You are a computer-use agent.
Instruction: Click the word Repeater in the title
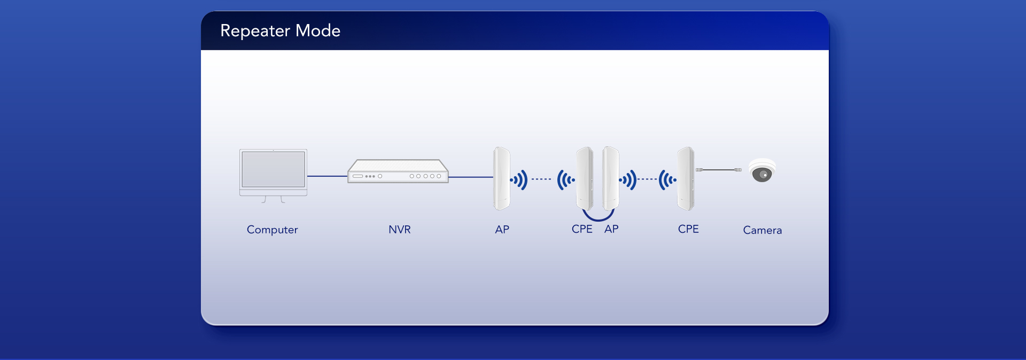[x=255, y=31]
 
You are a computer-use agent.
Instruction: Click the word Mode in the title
[x=318, y=31]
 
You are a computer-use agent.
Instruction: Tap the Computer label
[x=272, y=230]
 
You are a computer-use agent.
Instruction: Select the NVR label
[x=399, y=230]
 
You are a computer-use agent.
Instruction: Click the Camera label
[x=762, y=230]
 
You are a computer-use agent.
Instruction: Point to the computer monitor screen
[x=273, y=169]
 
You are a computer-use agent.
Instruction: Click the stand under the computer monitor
[x=273, y=199]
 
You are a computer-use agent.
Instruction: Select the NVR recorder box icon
[x=398, y=171]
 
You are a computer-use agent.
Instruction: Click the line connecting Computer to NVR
[x=327, y=176]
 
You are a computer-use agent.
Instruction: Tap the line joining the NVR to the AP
[x=470, y=177]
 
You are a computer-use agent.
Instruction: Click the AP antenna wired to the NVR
[x=501, y=178]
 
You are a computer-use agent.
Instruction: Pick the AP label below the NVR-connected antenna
[x=502, y=230]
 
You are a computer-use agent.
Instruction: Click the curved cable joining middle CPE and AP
[x=598, y=218]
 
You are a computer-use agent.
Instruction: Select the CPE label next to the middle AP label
[x=582, y=229]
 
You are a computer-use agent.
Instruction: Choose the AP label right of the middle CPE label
[x=611, y=229]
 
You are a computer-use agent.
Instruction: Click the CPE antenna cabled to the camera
[x=686, y=178]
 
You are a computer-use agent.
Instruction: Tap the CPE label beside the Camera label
[x=688, y=229]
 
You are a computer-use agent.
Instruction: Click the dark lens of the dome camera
[x=762, y=175]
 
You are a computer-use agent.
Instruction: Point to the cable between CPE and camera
[x=719, y=170]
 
